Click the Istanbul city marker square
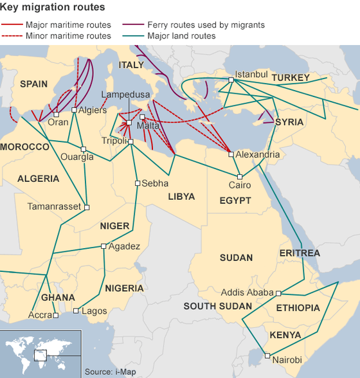click(231, 80)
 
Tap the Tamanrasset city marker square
click(87, 207)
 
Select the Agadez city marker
click(104, 246)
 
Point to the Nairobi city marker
click(267, 355)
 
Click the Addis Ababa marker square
click(278, 293)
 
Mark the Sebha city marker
click(137, 183)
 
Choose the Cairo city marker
click(239, 177)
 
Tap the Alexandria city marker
click(231, 154)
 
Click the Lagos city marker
click(75, 311)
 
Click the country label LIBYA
click(181, 197)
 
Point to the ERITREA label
click(300, 253)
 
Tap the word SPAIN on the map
click(34, 84)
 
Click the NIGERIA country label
click(124, 288)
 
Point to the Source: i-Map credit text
click(107, 372)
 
